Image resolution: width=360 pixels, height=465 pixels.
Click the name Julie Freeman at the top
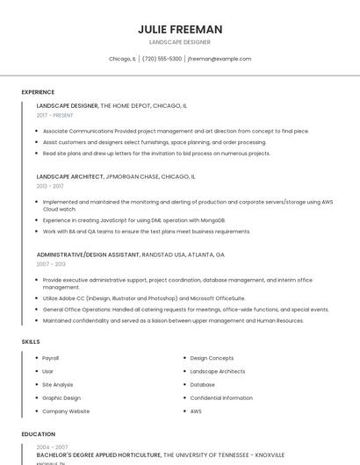pyautogui.click(x=180, y=29)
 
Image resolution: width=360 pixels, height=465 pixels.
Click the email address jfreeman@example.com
pyautogui.click(x=220, y=59)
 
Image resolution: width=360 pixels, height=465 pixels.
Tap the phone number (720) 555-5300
pyautogui.click(x=162, y=59)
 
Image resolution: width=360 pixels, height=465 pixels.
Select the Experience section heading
pyautogui.click(x=38, y=92)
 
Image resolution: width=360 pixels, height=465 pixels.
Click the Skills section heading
pyautogui.click(x=31, y=341)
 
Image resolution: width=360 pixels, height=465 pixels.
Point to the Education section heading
pyautogui.click(x=39, y=433)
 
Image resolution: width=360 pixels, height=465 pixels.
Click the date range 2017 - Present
pyautogui.click(x=55, y=115)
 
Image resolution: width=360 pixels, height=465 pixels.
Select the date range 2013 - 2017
pyautogui.click(x=50, y=186)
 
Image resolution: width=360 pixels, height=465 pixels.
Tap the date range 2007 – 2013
pyautogui.click(x=51, y=263)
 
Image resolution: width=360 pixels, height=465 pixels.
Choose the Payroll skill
pyautogui.click(x=51, y=358)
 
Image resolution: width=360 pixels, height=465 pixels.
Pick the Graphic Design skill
pyautogui.click(x=61, y=397)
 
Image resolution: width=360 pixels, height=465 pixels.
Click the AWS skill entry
pyautogui.click(x=196, y=411)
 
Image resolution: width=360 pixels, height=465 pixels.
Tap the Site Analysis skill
pyautogui.click(x=58, y=384)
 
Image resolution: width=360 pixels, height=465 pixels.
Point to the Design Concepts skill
pyautogui.click(x=212, y=358)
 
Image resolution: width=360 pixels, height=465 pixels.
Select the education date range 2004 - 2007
pyautogui.click(x=52, y=447)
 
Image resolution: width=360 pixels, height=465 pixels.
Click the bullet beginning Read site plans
pyautogui.click(x=156, y=153)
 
